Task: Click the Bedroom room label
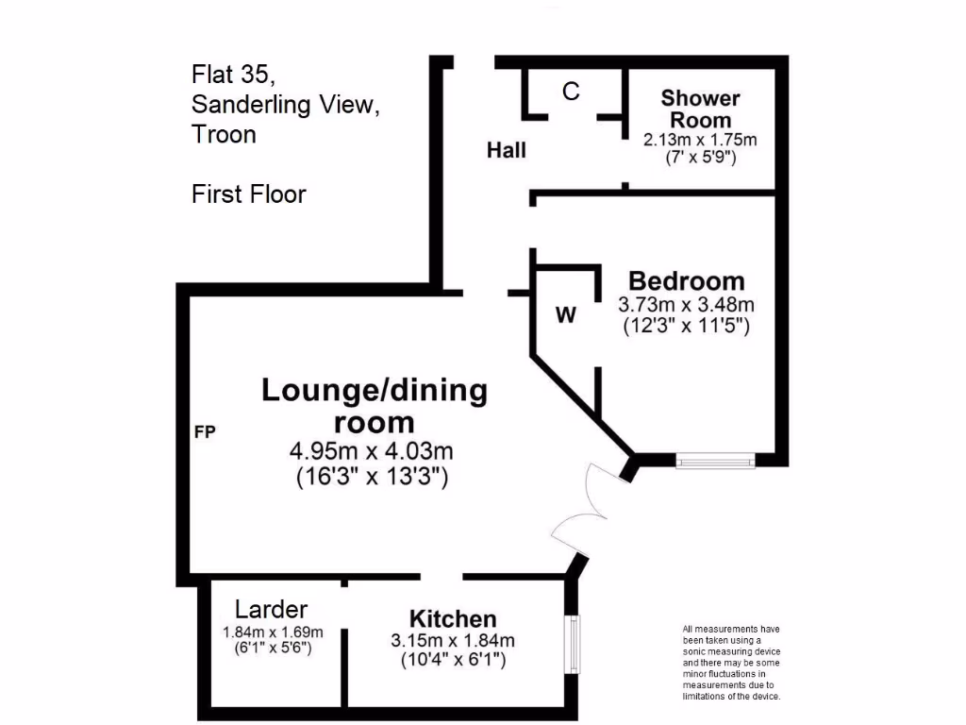pos(686,281)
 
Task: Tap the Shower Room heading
pos(700,109)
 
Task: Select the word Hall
pos(507,150)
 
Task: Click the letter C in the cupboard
pos(571,92)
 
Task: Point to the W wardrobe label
pos(565,315)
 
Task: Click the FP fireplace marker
pos(205,433)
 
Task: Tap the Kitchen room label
pos(453,619)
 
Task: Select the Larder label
pos(271,609)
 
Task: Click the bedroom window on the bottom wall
pos(715,461)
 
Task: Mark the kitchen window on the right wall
pos(573,645)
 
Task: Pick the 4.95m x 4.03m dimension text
pos(373,451)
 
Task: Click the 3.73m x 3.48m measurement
pos(686,305)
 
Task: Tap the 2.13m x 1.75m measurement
pos(700,140)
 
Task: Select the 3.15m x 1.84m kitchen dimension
pos(453,641)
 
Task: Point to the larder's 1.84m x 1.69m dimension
pos(273,632)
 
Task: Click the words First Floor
pos(249,194)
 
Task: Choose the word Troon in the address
pos(224,134)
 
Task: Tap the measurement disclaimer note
pos(731,663)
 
